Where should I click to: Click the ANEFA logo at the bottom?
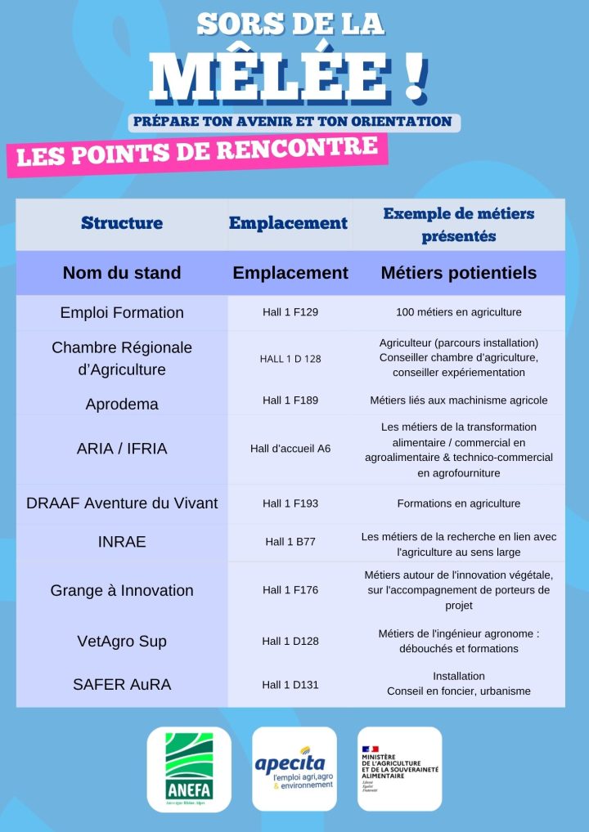pyautogui.click(x=189, y=769)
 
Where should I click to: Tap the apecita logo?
pyautogui.click(x=294, y=769)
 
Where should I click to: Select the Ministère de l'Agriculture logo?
pyautogui.click(x=399, y=769)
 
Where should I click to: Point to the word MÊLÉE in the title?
pyautogui.click(x=278, y=78)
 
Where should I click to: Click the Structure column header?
pyautogui.click(x=122, y=223)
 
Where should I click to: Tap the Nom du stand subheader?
pyautogui.click(x=122, y=273)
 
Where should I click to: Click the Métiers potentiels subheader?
pyautogui.click(x=458, y=273)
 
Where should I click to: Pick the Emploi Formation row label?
pyautogui.click(x=122, y=312)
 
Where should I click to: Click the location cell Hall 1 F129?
pyautogui.click(x=290, y=312)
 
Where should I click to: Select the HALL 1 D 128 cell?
pyautogui.click(x=290, y=359)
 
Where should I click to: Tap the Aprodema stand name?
pyautogui.click(x=122, y=404)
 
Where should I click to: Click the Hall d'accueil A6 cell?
pyautogui.click(x=290, y=449)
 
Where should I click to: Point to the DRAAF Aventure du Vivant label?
pyautogui.click(x=122, y=503)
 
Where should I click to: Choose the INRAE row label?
pyautogui.click(x=122, y=541)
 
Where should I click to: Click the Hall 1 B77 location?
pyautogui.click(x=290, y=541)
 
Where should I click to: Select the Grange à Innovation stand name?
pyautogui.click(x=122, y=590)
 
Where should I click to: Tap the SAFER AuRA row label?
pyautogui.click(x=122, y=685)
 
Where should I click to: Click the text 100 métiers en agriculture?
pyautogui.click(x=458, y=312)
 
